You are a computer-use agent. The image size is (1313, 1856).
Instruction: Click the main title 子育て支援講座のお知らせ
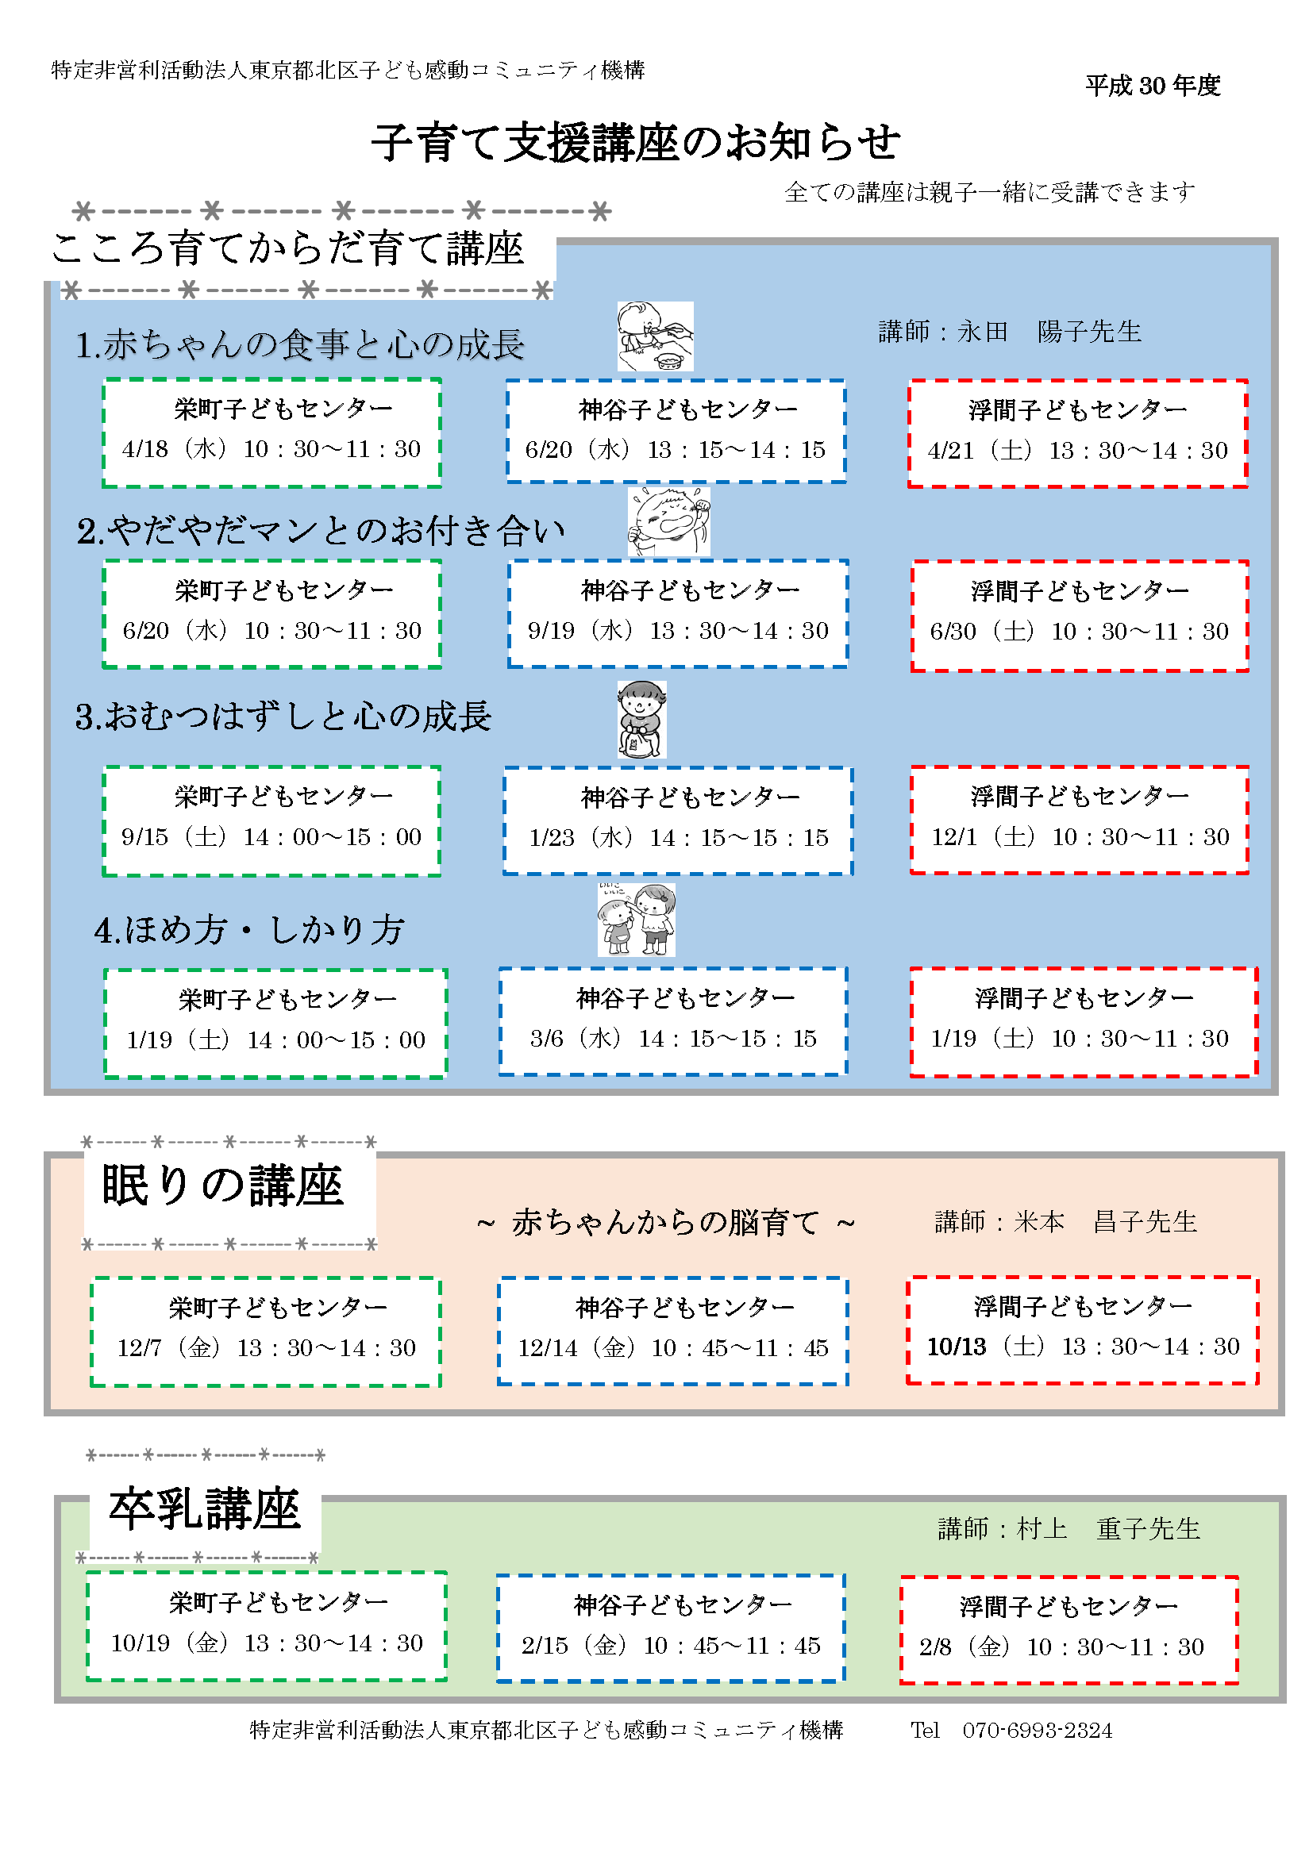pyautogui.click(x=636, y=143)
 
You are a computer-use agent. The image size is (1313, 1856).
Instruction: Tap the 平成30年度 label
pyautogui.click(x=1152, y=86)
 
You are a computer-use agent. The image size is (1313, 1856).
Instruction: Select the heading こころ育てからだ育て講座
pyautogui.click(x=288, y=248)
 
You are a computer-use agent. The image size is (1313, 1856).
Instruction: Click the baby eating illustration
pyautogui.click(x=655, y=336)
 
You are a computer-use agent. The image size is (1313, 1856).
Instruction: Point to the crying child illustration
pyautogui.click(x=668, y=521)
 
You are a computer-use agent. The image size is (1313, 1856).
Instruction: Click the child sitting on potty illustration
pyautogui.click(x=641, y=719)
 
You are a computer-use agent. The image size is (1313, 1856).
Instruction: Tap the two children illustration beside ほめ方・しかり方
pyautogui.click(x=637, y=919)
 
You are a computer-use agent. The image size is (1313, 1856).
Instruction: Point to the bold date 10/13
pyautogui.click(x=957, y=1347)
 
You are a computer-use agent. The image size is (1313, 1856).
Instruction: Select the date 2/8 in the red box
pyautogui.click(x=934, y=1647)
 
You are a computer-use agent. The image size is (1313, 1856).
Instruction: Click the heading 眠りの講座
pyautogui.click(x=222, y=1186)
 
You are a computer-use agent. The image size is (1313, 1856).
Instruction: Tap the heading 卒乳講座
pyautogui.click(x=205, y=1509)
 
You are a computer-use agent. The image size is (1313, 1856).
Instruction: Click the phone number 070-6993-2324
pyautogui.click(x=1037, y=1731)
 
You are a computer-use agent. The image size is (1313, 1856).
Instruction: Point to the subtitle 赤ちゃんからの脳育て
pyautogui.click(x=664, y=1222)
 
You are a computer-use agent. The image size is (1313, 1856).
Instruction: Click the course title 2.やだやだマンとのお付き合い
pyautogui.click(x=320, y=531)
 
